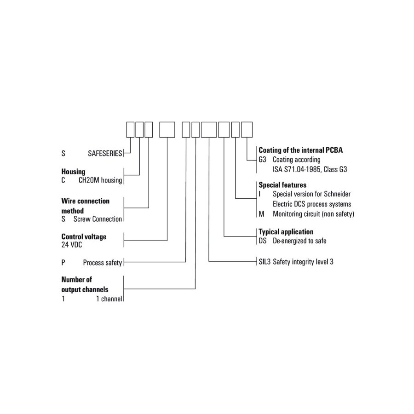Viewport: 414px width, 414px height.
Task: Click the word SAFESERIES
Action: point(105,153)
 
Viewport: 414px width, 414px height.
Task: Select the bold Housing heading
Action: point(74,172)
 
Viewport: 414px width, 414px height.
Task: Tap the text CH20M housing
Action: point(100,180)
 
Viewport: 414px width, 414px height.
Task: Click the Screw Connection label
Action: point(98,219)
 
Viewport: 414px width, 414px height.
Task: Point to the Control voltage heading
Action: point(84,236)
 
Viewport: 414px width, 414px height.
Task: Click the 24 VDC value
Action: point(72,245)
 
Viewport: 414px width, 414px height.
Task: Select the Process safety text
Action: point(103,263)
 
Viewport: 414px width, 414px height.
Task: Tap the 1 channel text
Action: point(109,299)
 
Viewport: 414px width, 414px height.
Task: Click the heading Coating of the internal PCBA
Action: point(300,150)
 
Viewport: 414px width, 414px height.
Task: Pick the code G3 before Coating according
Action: point(263,160)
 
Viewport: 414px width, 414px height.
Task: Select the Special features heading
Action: point(282,185)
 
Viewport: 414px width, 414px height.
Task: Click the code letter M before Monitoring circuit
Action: point(261,214)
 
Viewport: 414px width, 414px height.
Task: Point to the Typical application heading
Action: point(286,232)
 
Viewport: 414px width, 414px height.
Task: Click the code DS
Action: point(263,241)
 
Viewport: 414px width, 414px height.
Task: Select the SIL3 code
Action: point(264,262)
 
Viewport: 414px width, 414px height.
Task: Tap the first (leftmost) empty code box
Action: point(130,130)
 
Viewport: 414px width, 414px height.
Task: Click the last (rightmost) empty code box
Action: point(247,130)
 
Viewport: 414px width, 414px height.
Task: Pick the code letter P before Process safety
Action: point(63,263)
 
